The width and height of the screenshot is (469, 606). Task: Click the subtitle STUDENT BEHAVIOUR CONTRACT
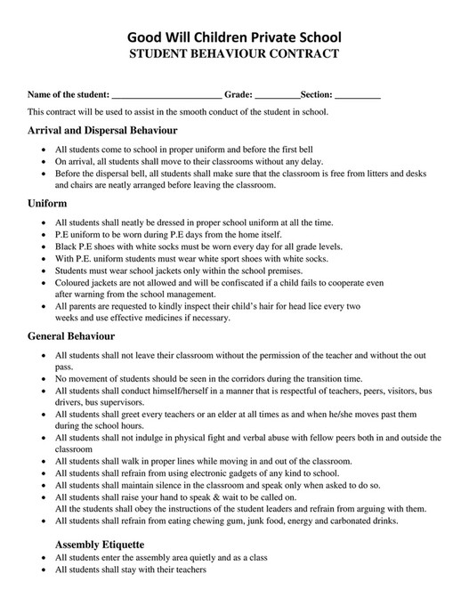pyautogui.click(x=234, y=54)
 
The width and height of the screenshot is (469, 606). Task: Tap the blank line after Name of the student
pyautogui.click(x=166, y=94)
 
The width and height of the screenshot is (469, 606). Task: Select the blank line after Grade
pyautogui.click(x=277, y=94)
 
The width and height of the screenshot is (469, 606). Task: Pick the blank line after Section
pyautogui.click(x=358, y=94)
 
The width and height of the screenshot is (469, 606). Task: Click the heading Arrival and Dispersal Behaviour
pyautogui.click(x=102, y=131)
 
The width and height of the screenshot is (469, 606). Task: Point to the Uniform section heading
pyautogui.click(x=47, y=203)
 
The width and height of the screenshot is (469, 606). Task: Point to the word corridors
pyautogui.click(x=251, y=378)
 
